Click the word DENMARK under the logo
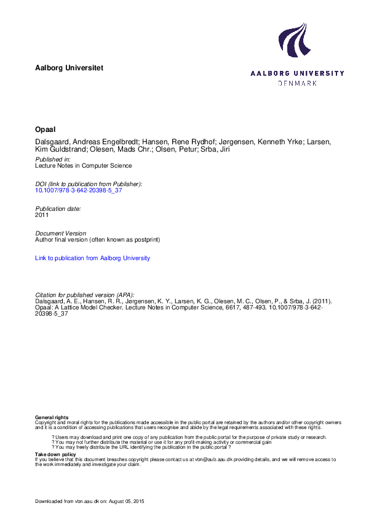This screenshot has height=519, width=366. (x=298, y=83)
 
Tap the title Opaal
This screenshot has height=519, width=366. (x=46, y=131)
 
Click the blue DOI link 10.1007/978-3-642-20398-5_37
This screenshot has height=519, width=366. (x=75, y=191)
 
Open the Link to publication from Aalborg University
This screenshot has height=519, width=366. (x=92, y=258)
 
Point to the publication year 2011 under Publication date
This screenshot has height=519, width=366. (x=42, y=215)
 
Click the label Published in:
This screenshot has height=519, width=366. (x=53, y=159)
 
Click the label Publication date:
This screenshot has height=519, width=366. (x=58, y=209)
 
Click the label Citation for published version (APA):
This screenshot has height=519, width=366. (x=85, y=295)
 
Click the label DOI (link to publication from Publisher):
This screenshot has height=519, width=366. (x=89, y=184)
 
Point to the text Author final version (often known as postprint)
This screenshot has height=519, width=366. (x=98, y=239)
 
